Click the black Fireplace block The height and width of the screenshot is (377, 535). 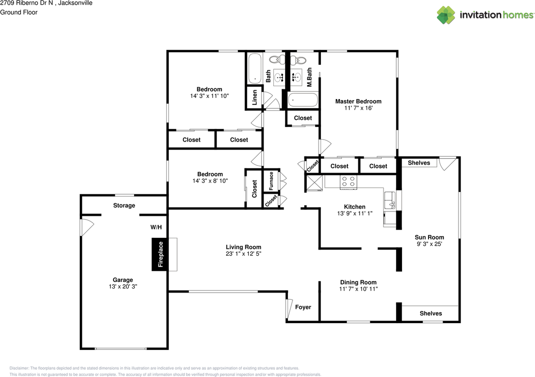(x=160, y=254)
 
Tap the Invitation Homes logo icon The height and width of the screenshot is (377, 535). (x=446, y=15)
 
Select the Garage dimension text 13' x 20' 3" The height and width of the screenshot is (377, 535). (x=122, y=287)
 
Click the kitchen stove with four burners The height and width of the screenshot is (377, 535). (x=349, y=182)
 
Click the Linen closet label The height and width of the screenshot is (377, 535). (x=254, y=98)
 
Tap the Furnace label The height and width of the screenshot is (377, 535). (x=271, y=181)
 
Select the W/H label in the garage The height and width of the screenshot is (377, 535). (x=156, y=227)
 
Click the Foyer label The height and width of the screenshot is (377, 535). (x=303, y=307)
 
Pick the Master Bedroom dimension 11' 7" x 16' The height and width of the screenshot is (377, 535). (x=358, y=108)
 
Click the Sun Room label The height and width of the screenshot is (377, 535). (x=429, y=237)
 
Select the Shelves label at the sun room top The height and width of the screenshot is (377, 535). (x=419, y=163)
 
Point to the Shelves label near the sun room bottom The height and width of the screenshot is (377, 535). (x=431, y=313)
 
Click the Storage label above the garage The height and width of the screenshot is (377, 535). (x=124, y=206)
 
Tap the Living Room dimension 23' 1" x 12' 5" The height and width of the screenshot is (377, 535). (x=244, y=254)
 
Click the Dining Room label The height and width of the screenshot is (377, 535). (x=358, y=283)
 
